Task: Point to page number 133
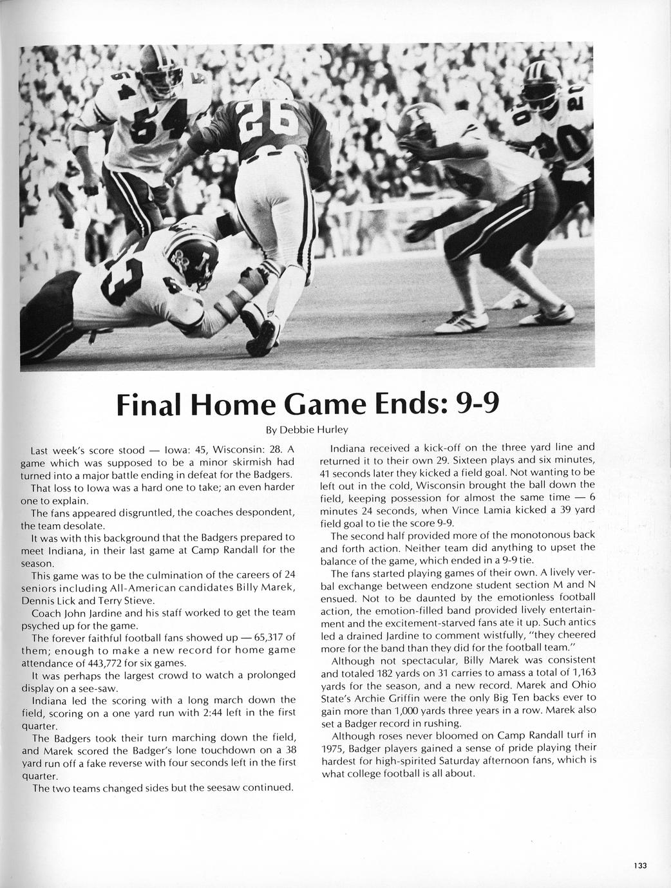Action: [639, 866]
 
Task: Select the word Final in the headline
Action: [146, 404]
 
